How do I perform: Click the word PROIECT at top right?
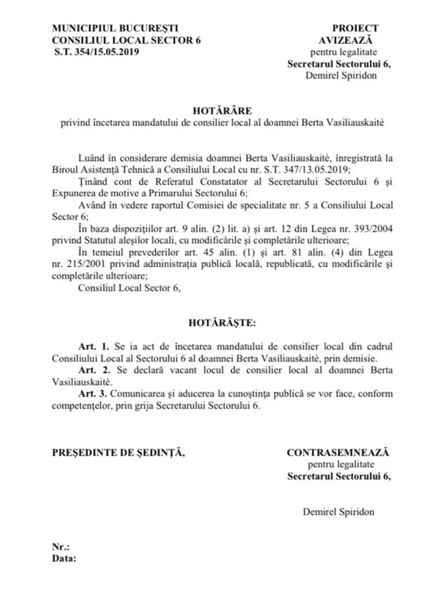[356, 28]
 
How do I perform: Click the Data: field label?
[64, 559]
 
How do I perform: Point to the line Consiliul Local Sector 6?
[129, 288]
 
